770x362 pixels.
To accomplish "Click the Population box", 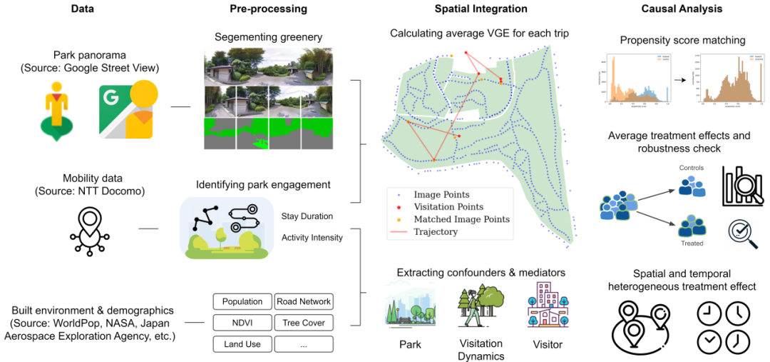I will point(242,302).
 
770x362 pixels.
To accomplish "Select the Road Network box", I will point(304,302).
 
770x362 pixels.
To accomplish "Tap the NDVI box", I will point(242,323).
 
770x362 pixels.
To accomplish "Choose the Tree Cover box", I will point(304,323).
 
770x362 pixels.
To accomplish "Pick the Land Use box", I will point(242,344).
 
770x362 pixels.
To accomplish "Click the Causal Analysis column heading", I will point(672,9).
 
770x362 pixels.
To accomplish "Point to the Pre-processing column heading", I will point(269,9).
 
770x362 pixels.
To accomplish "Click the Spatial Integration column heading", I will point(481,9).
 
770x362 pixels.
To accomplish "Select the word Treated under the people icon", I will point(692,243).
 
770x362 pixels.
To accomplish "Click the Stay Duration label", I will point(307,216).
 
